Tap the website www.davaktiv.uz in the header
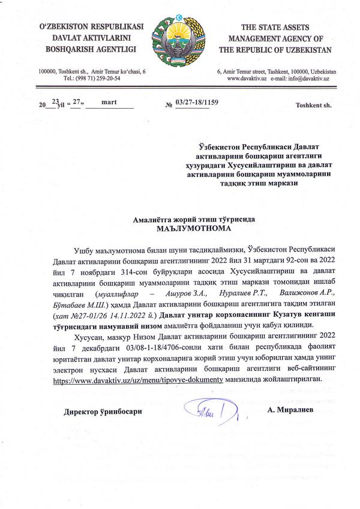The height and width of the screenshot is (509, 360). click(247, 79)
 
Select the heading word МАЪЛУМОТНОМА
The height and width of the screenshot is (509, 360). click(180, 229)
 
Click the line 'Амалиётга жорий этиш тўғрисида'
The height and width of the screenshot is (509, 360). click(180, 220)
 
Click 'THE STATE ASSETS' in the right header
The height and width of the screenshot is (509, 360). click(274, 28)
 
